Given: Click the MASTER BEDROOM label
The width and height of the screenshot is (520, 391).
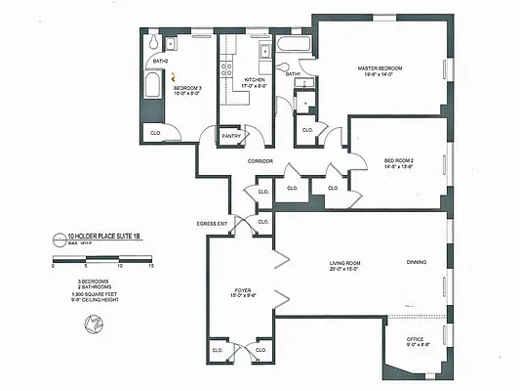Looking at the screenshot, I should (381, 67).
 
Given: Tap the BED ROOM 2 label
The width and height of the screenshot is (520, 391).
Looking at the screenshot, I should (399, 160).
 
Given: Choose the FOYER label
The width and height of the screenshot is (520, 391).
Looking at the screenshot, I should (243, 290).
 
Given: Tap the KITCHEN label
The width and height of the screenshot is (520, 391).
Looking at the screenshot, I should (255, 79).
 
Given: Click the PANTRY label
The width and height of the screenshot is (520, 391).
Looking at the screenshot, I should (231, 138).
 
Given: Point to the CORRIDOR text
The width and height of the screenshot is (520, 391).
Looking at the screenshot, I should (260, 161).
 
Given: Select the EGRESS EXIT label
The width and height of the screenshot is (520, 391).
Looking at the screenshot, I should (212, 223).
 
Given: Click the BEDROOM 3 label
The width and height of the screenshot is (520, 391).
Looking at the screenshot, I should (187, 88).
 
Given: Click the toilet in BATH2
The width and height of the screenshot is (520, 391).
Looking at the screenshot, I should (153, 45).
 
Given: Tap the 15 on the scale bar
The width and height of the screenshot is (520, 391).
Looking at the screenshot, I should (151, 265).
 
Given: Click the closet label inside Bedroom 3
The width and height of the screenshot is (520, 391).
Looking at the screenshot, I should (155, 131).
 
